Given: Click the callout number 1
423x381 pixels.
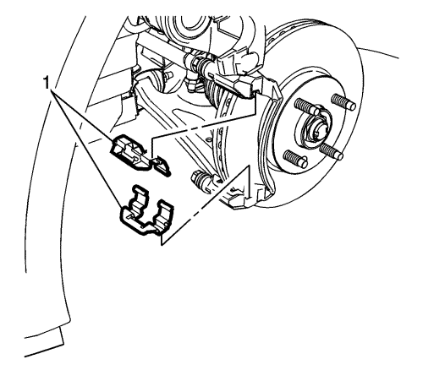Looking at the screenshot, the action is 46,84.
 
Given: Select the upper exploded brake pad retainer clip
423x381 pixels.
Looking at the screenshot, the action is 140,155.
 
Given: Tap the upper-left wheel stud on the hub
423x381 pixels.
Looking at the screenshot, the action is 307,107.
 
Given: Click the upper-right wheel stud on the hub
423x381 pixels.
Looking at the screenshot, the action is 343,101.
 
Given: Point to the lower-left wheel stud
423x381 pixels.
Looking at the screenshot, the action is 295,159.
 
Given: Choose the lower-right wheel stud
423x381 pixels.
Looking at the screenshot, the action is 332,151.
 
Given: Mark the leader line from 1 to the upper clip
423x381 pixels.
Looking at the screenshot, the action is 83,116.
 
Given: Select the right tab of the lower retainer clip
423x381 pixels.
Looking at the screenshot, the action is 164,211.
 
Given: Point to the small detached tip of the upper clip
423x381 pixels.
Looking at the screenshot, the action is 162,166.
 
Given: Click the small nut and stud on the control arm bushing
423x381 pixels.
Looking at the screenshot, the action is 168,75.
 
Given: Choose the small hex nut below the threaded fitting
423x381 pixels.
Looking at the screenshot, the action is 192,84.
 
